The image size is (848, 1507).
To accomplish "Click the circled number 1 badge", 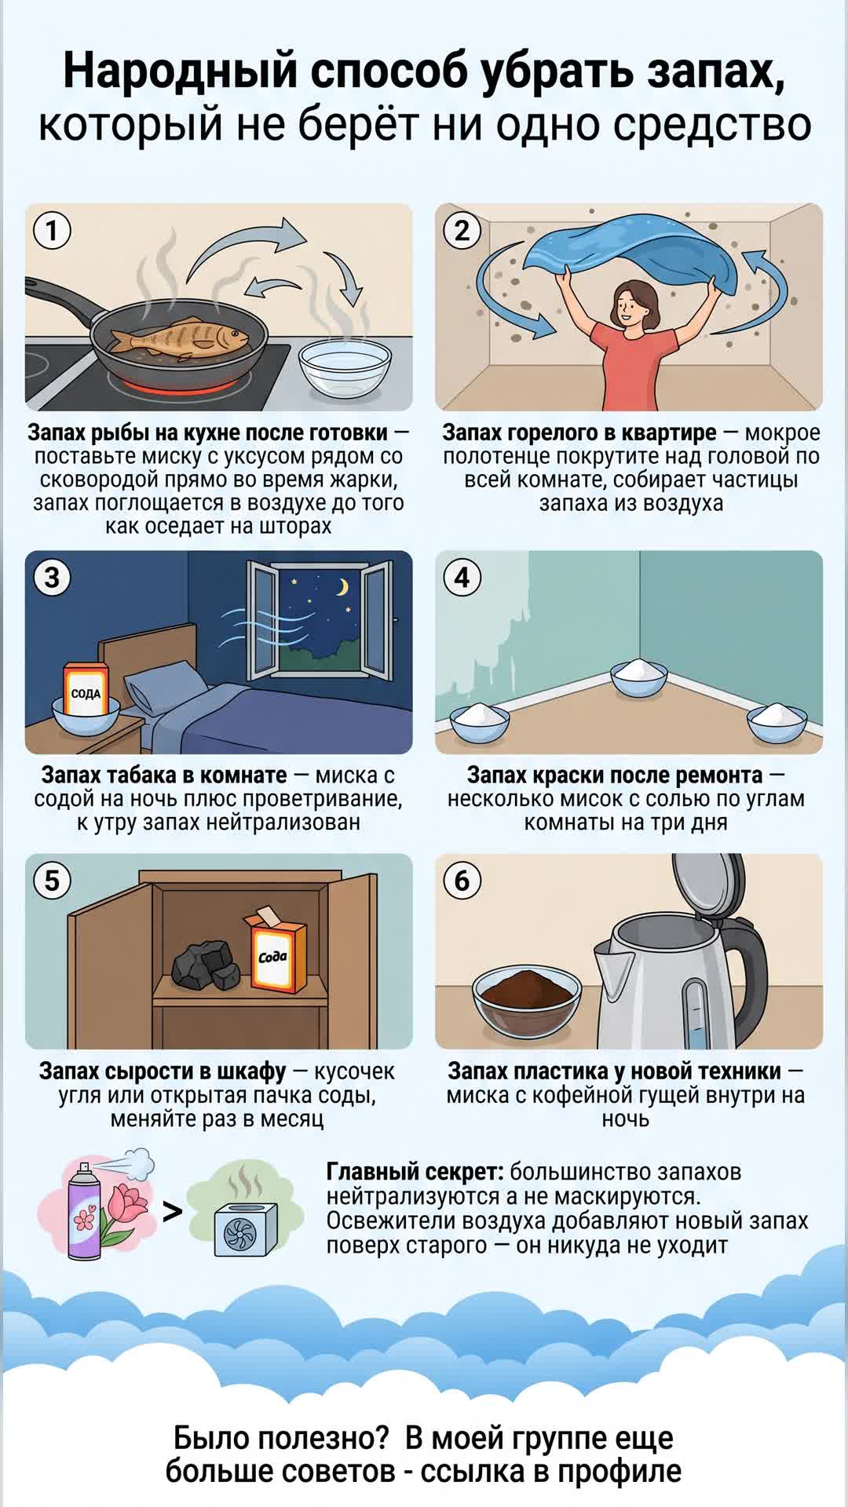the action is coord(53,231).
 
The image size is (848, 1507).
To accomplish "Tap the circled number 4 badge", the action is coord(462,578).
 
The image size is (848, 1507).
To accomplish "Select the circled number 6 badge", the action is coord(462,881).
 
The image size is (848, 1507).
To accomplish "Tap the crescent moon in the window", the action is coord(342,587).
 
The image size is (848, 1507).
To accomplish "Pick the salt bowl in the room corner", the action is coord(639,677).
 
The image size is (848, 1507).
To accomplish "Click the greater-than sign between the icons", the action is coord(172,1212).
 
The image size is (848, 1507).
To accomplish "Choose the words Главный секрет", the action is coord(415,1172).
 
